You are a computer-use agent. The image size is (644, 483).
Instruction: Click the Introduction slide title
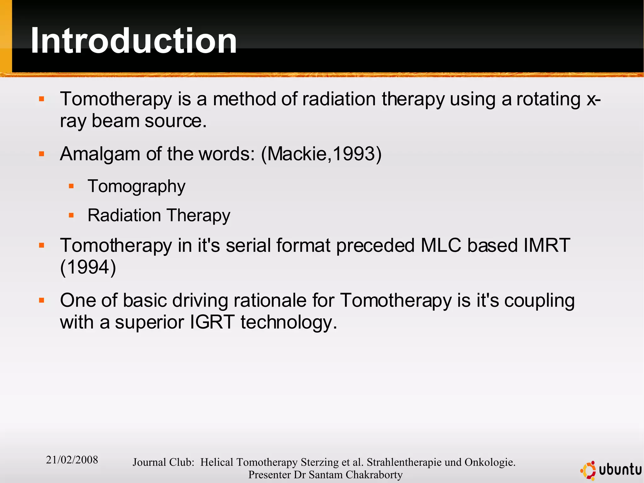(134, 41)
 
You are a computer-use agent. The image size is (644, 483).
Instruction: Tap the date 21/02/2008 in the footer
(72, 460)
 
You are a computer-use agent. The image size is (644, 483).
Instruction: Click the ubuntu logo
(611, 470)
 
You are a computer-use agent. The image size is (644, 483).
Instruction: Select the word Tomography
(136, 187)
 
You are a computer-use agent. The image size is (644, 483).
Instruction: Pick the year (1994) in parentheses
(88, 267)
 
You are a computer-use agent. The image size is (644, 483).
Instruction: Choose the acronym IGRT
(212, 322)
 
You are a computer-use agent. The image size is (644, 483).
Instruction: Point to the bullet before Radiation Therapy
(71, 216)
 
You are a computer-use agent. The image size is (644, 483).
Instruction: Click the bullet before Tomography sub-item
(71, 186)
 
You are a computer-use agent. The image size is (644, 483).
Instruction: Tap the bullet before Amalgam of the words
(42, 154)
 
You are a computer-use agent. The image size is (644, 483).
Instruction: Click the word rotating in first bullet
(548, 99)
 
